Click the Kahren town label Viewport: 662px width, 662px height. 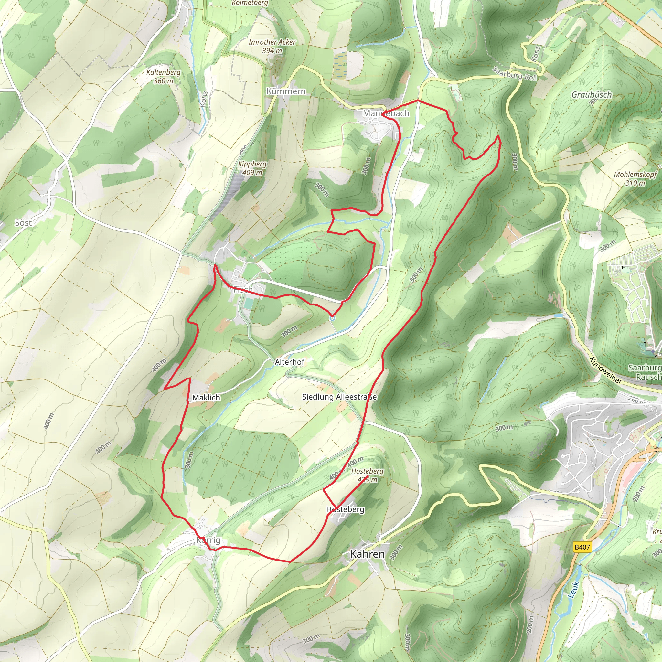click(x=367, y=554)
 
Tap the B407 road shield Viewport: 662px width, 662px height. click(x=582, y=547)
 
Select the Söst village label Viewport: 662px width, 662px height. click(x=23, y=223)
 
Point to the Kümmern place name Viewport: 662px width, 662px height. click(x=286, y=91)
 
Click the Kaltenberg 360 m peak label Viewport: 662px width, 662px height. click(x=164, y=76)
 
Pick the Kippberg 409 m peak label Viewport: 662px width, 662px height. click(x=252, y=168)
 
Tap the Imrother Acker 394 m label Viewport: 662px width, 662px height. click(x=272, y=46)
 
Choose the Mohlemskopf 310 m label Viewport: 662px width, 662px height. click(x=635, y=178)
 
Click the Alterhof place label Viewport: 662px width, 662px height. click(x=290, y=362)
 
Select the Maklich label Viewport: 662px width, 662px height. click(x=206, y=398)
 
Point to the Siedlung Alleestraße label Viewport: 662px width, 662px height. click(x=339, y=397)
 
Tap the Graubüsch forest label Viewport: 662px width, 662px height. click(x=592, y=95)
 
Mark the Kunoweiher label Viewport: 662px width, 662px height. click(x=605, y=370)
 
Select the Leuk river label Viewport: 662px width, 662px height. click(x=574, y=589)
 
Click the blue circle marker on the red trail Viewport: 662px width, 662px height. click(x=332, y=318)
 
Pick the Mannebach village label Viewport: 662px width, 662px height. click(x=386, y=113)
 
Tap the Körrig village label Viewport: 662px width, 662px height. click(x=208, y=540)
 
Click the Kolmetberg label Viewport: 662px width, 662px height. click(x=250, y=3)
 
